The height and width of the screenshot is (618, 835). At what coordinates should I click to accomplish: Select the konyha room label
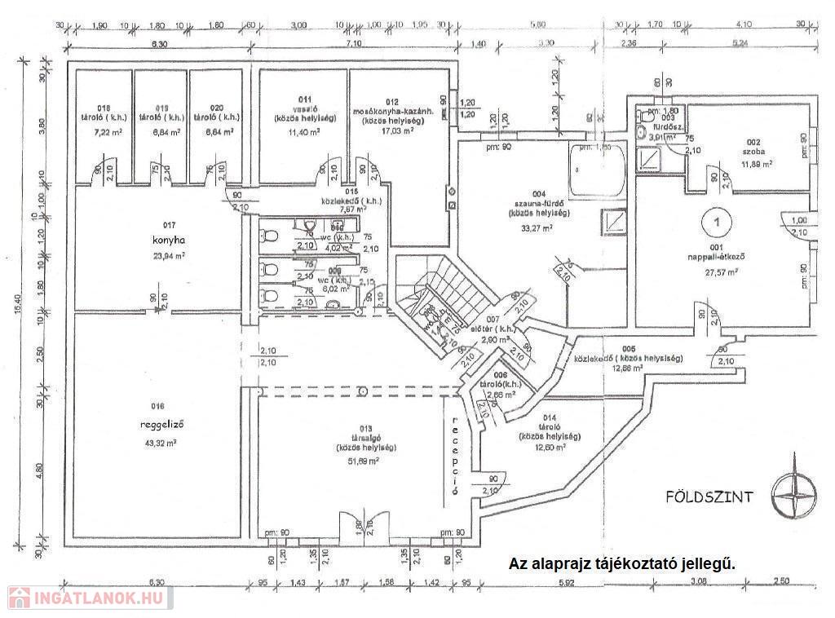click(164, 241)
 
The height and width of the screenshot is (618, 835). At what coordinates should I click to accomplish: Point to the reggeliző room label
click(158, 424)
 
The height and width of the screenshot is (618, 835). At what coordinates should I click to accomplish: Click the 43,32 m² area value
click(158, 443)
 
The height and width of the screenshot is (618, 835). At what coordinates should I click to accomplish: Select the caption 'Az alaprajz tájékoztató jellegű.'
click(622, 563)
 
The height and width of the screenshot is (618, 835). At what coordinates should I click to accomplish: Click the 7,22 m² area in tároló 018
click(103, 130)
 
